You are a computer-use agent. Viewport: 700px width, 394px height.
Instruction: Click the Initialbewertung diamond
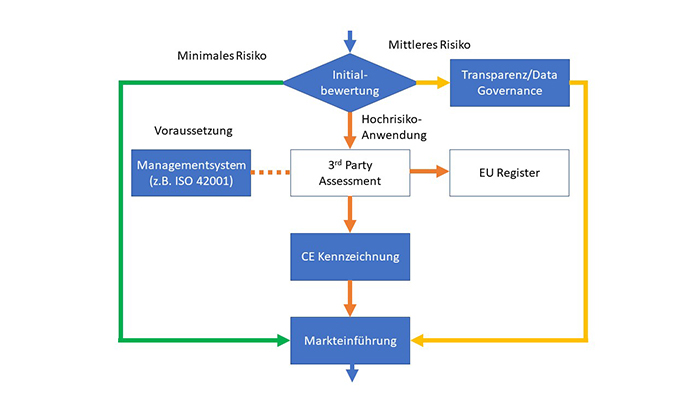pos(349,82)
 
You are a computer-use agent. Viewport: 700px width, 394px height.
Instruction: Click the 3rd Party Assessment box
pos(349,172)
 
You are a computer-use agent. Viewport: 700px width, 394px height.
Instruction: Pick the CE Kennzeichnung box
pos(349,256)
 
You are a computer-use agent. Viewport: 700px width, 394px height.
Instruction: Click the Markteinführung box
pos(349,341)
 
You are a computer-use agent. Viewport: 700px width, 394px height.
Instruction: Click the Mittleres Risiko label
pos(429,45)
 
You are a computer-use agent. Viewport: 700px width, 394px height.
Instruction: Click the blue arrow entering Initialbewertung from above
pos(349,41)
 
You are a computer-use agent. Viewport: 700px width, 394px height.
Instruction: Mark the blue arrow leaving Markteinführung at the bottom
pos(349,372)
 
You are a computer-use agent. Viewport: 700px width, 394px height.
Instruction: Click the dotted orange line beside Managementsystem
pos(269,172)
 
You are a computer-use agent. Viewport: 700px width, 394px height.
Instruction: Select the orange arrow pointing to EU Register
pos(428,172)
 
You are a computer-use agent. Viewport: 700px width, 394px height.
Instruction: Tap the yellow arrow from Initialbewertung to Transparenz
pos(432,82)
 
